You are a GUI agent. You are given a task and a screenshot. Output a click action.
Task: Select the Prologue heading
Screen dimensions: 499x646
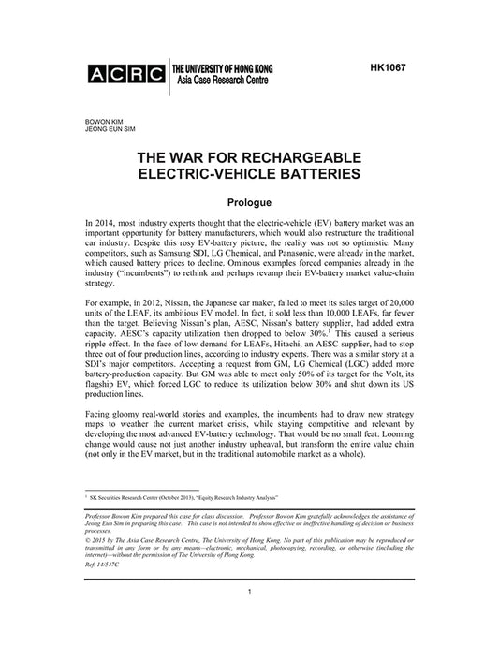point(248,203)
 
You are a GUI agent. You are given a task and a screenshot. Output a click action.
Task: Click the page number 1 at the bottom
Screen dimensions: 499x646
point(248,618)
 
